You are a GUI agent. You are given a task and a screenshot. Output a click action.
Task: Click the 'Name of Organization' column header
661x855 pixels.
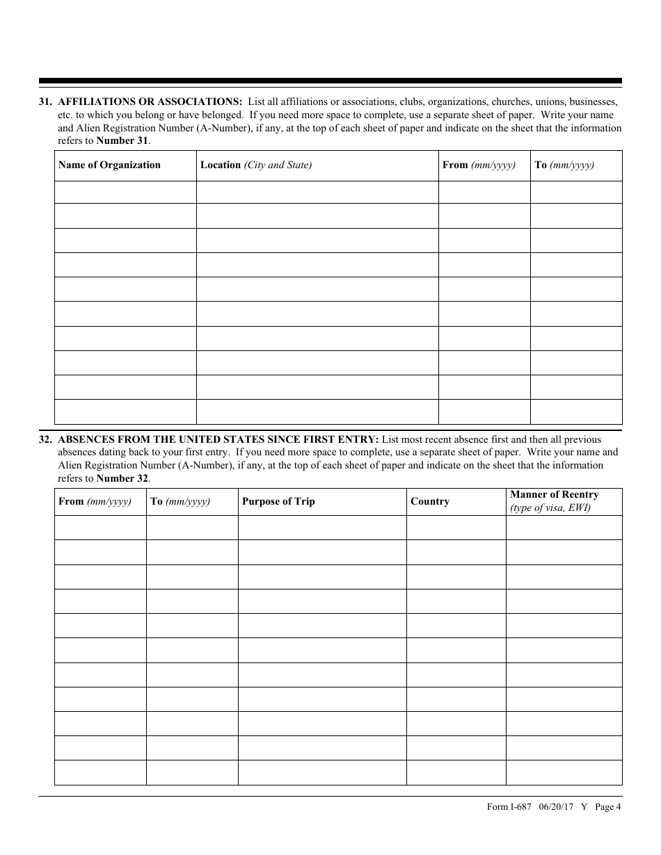(x=109, y=165)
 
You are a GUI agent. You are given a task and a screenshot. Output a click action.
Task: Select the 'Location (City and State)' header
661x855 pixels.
(x=256, y=165)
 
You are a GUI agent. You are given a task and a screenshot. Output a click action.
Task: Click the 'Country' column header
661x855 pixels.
(x=430, y=502)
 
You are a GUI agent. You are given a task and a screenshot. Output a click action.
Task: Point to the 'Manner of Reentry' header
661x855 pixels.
(x=555, y=495)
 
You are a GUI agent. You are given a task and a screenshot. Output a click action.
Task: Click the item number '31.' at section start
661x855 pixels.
(x=46, y=101)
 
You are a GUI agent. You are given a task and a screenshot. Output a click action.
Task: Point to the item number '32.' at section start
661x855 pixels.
(x=46, y=439)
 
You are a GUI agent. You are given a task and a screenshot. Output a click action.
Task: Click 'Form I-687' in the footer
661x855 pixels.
(x=509, y=807)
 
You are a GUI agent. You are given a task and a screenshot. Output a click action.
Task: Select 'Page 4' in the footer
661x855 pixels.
(x=608, y=807)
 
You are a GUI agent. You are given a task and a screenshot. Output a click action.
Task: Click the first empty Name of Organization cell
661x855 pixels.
(x=125, y=192)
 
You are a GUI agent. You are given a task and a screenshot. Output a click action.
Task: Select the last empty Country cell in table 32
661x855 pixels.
(x=456, y=772)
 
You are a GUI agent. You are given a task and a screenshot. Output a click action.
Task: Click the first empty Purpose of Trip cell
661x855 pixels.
(x=322, y=528)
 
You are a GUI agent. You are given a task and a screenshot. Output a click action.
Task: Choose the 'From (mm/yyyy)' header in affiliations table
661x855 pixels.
(x=479, y=165)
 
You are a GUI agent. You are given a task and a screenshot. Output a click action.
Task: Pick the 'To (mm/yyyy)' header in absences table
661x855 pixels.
(x=180, y=502)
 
